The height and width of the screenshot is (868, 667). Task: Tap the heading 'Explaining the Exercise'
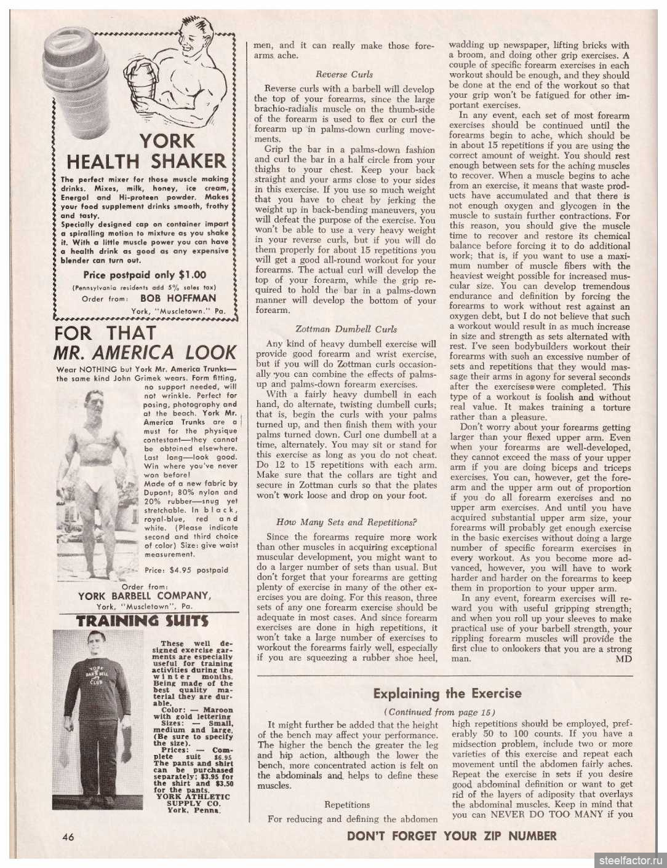[x=447, y=693]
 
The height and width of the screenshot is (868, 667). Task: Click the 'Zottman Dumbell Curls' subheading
[x=346, y=329]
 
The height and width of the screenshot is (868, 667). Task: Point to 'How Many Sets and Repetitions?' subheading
[x=346, y=522]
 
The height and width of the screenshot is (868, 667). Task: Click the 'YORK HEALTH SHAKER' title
[x=146, y=151]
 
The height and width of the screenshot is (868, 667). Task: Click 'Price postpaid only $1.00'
[x=145, y=275]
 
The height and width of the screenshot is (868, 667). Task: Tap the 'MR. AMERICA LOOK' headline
[x=145, y=352]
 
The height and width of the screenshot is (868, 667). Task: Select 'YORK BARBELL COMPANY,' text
[x=145, y=595]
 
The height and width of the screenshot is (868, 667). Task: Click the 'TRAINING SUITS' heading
[x=142, y=621]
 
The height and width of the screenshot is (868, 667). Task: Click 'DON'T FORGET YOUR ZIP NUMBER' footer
[x=452, y=835]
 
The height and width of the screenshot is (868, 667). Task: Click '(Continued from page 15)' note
[x=447, y=712]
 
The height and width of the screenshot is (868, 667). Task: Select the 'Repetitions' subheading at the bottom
[x=348, y=804]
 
